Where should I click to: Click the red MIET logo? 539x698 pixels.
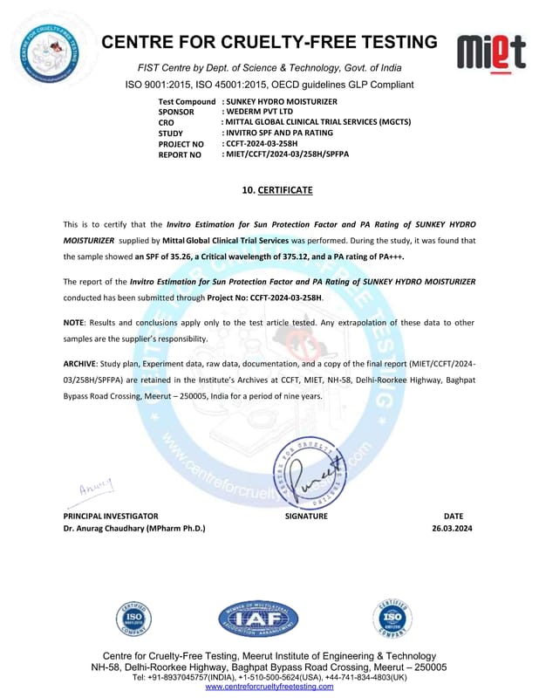[491, 52]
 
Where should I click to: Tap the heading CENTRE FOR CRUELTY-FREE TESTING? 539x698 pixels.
[269, 42]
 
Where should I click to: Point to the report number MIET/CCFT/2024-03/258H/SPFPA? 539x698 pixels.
[289, 154]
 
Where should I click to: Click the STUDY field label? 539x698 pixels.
[172, 133]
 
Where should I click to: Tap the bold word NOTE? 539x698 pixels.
[73, 323]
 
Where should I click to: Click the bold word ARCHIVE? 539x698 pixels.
[79, 362]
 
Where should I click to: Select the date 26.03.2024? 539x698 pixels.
[452, 528]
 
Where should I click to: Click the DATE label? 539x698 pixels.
[454, 516]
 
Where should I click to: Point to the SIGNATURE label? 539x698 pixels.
[306, 516]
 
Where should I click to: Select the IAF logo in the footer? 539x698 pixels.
[258, 619]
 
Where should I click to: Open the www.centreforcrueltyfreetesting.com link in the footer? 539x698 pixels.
[269, 686]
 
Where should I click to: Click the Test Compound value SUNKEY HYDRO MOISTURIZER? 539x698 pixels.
[278, 102]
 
